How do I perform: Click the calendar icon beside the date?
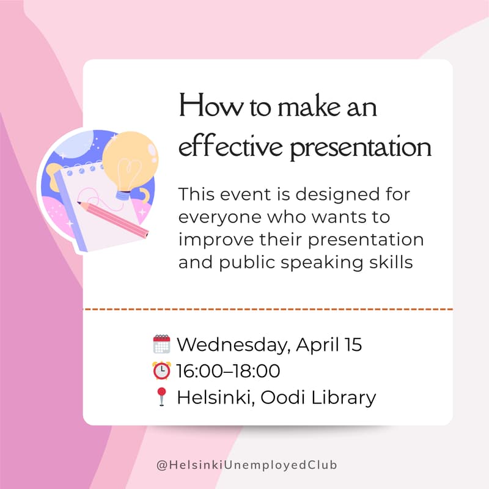pyautogui.click(x=161, y=344)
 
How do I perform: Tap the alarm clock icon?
pyautogui.click(x=161, y=371)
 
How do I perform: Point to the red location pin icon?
pyautogui.click(x=161, y=397)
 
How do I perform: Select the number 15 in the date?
pyautogui.click(x=352, y=345)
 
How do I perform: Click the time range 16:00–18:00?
pyautogui.click(x=228, y=371)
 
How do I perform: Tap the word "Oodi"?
pyautogui.click(x=283, y=398)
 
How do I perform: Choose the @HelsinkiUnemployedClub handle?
pyautogui.click(x=247, y=465)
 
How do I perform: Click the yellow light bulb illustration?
pyautogui.click(x=130, y=160)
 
